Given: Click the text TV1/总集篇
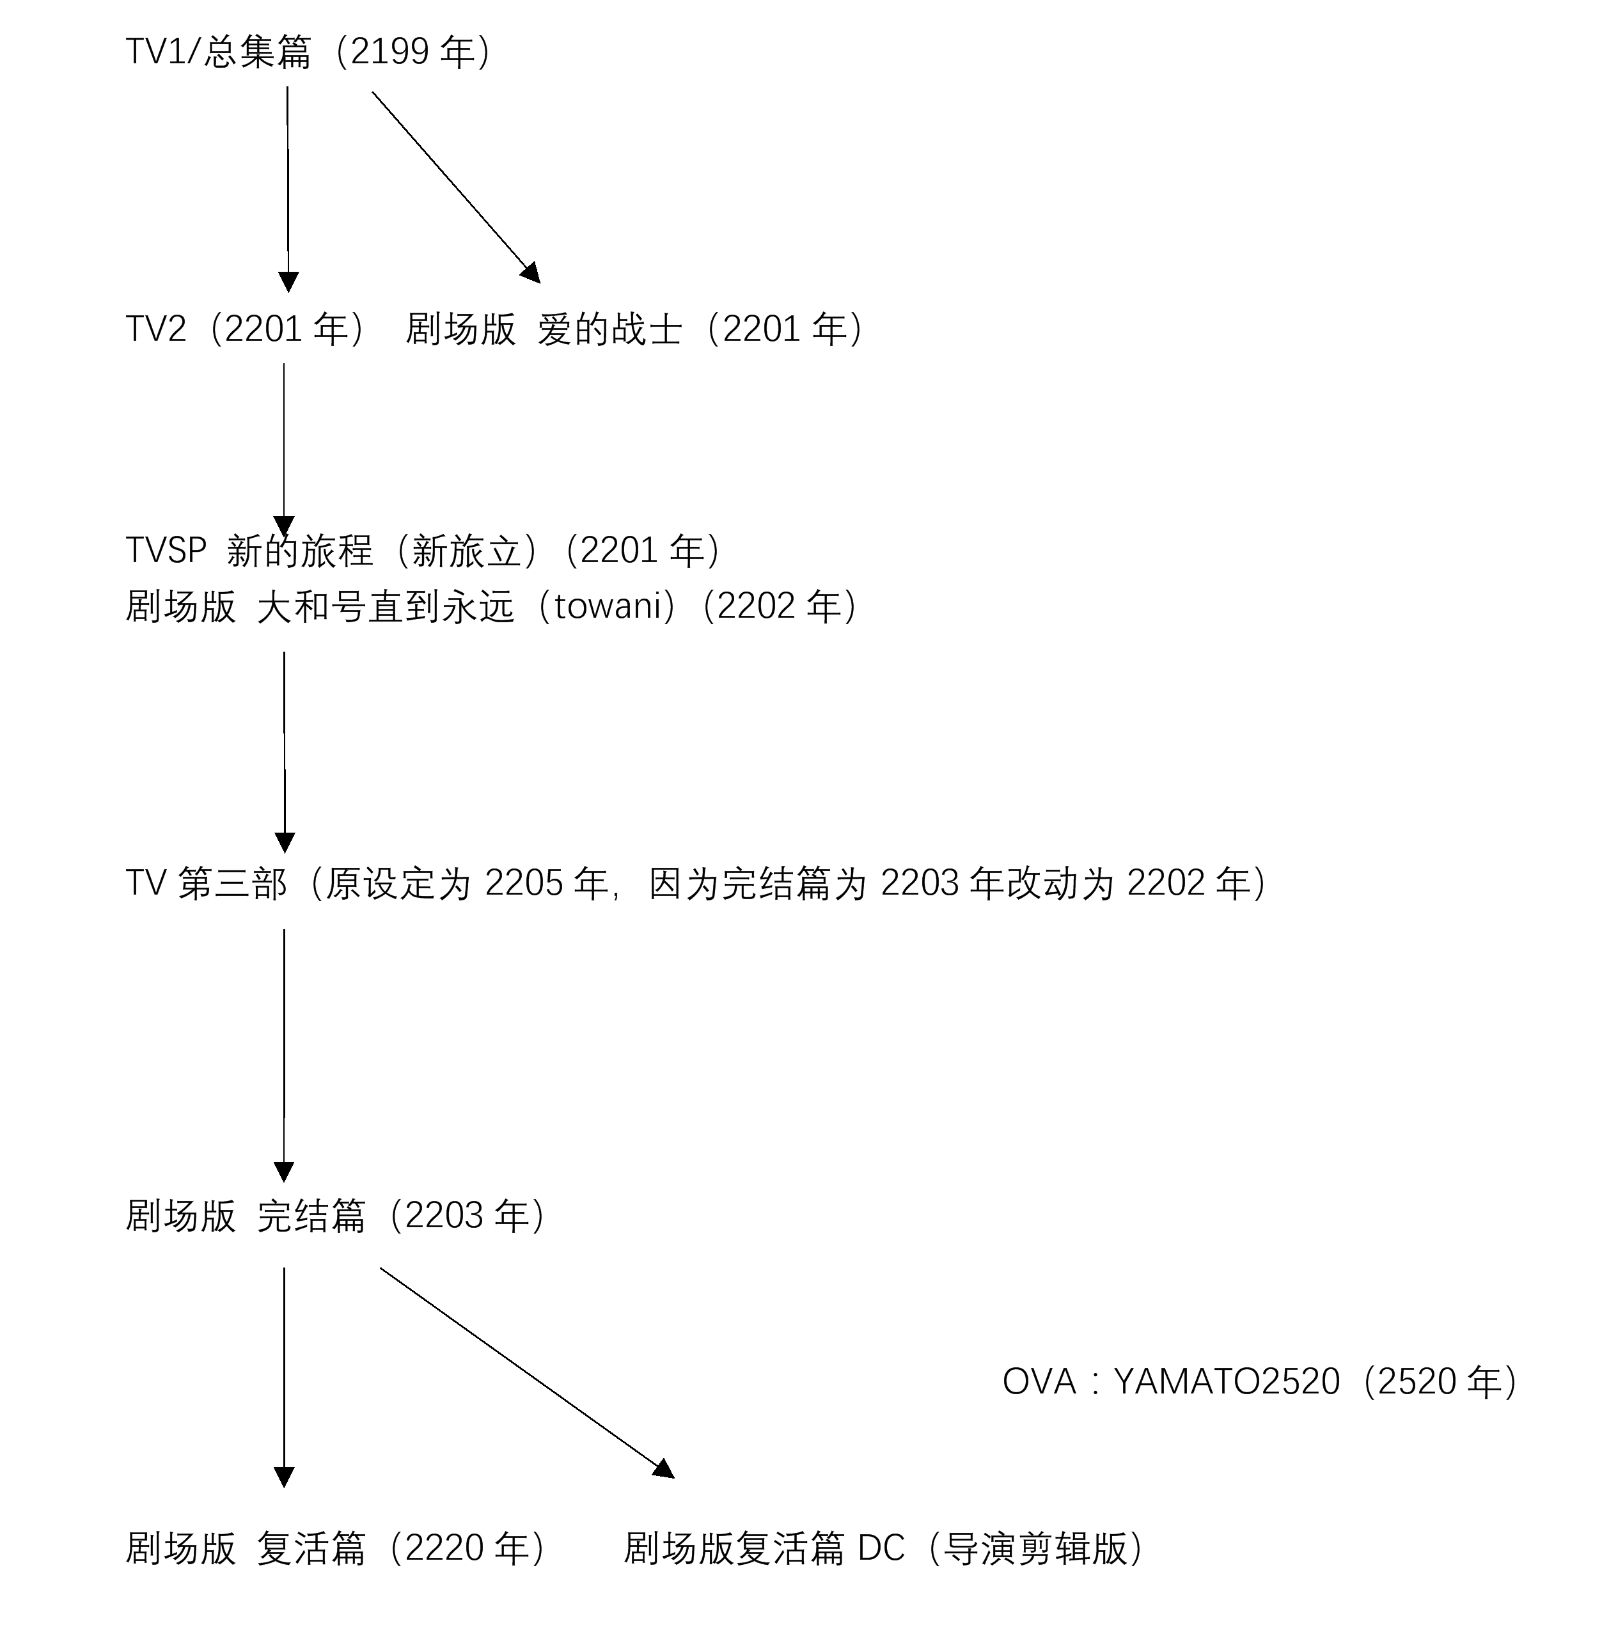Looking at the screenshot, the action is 218,52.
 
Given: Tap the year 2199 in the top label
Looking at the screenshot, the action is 389,52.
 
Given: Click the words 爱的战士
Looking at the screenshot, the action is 609,329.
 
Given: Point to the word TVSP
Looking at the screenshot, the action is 166,550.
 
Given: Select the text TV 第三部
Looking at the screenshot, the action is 207,883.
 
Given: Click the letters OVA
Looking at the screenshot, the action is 1039,1381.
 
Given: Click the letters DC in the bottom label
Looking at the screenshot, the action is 881,1548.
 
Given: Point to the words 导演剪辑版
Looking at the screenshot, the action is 1035,1548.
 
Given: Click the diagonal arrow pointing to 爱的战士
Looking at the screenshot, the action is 456,187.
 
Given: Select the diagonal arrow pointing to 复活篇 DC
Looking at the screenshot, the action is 527,1372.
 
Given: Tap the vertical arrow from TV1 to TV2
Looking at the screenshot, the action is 288,189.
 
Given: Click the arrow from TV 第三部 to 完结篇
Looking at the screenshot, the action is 284,1056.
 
